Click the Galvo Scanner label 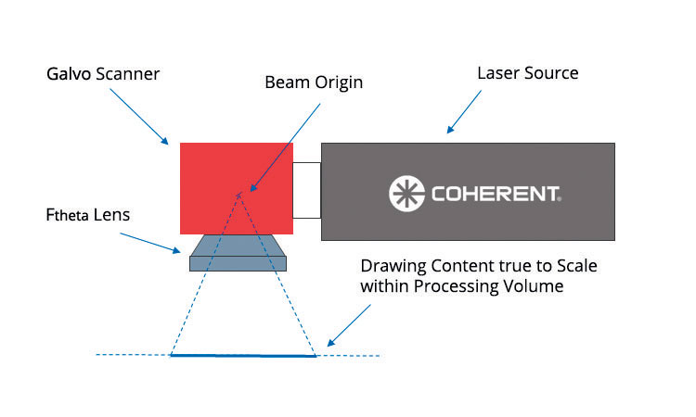[x=103, y=74]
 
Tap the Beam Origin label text [x=314, y=82]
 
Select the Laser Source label [x=528, y=73]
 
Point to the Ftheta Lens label [x=88, y=215]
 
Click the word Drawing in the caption [x=393, y=266]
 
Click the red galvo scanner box [x=236, y=188]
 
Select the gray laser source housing [x=468, y=192]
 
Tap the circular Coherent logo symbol [x=406, y=194]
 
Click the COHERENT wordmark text [x=496, y=194]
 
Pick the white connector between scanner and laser [x=307, y=190]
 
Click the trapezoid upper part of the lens [x=238, y=246]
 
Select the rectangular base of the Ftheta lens [x=238, y=264]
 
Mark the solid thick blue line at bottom [x=243, y=356]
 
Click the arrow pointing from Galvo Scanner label [x=139, y=117]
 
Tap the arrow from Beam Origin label [x=285, y=147]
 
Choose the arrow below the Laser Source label [x=464, y=112]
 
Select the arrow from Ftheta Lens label [x=150, y=243]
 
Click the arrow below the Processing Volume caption [x=349, y=325]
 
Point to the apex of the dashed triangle [x=238, y=195]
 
